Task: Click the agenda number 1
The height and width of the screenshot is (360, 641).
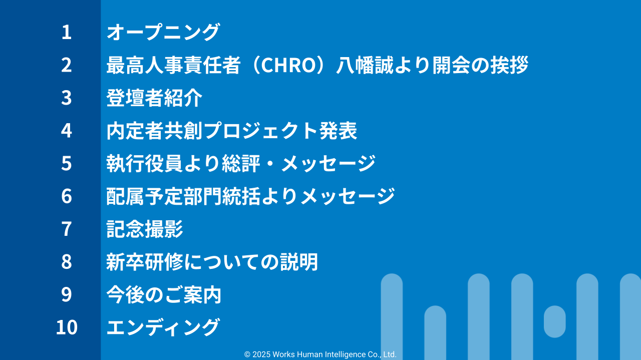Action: click(67, 33)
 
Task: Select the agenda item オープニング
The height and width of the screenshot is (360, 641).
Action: click(163, 33)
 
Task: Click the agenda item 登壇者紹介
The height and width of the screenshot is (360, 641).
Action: click(154, 98)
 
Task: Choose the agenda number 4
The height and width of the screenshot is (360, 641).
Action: click(67, 131)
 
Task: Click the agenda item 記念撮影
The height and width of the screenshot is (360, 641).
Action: click(145, 229)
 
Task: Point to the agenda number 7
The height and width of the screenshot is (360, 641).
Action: click(67, 229)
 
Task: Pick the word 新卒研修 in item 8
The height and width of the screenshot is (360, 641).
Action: click(144, 262)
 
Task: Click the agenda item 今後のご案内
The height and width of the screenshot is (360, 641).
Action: click(164, 294)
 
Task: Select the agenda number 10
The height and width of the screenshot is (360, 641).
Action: click(67, 327)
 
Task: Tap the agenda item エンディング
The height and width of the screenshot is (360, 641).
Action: click(163, 327)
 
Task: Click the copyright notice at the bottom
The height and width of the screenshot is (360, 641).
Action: click(320, 354)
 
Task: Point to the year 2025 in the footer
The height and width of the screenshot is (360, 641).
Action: click(261, 354)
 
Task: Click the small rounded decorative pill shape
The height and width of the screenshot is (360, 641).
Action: click(554, 321)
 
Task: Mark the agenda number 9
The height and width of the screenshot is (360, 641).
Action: click(67, 294)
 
